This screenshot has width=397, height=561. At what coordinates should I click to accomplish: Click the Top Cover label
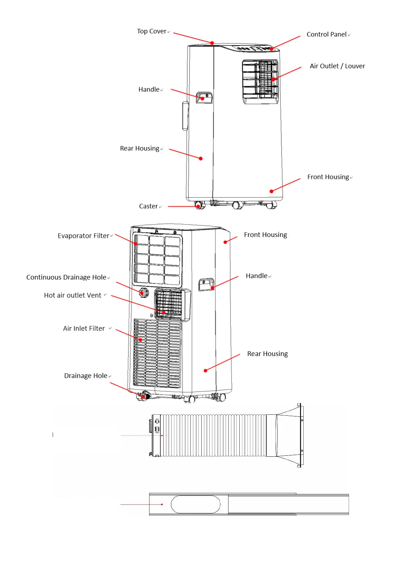pos(152,31)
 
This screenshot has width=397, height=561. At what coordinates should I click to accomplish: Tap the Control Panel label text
pos(326,34)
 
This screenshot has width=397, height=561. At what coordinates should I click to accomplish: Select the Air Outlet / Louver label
pos(337,66)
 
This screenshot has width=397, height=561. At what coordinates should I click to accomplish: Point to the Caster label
pos(148,206)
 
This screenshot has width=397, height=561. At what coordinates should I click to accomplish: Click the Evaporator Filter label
pos(83,236)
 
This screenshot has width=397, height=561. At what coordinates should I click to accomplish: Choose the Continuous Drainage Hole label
pos(66,277)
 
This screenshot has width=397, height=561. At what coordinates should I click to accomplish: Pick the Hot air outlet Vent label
pos(73,295)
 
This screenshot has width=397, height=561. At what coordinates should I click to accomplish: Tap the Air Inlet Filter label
pos(84,328)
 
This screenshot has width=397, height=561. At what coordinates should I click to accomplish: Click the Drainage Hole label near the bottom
pos(86,376)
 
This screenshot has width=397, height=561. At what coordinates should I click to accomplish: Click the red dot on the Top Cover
pos(212,43)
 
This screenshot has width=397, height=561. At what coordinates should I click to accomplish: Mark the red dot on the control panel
pos(272,49)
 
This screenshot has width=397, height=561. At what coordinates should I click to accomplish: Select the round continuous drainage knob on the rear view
pos(143,292)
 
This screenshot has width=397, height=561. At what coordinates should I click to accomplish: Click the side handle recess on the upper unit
pos(204,98)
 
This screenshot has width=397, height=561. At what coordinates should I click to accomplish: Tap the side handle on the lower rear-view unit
pos(206,284)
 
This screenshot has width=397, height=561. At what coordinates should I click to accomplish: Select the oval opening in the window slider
pos(196,504)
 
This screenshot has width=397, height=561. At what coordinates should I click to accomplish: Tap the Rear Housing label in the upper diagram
pos(139,149)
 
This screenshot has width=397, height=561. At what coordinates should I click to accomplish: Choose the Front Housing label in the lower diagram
pos(265,235)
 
